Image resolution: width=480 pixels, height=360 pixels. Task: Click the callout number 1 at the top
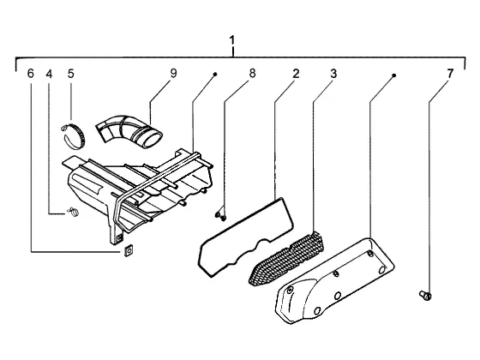tap(232, 40)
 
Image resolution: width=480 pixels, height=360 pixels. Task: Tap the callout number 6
tap(31, 74)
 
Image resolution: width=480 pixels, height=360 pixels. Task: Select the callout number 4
tap(50, 74)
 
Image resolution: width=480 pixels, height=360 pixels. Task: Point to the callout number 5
tap(70, 74)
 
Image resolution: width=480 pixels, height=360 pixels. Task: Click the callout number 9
tap(173, 74)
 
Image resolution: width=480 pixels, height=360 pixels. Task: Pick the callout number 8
tap(252, 74)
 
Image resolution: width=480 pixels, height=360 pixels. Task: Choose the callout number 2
tap(296, 74)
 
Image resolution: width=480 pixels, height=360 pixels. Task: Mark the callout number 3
tap(333, 74)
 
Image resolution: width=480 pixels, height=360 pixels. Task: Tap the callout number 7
tap(450, 74)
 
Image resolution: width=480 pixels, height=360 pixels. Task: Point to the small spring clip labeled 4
tap(73, 211)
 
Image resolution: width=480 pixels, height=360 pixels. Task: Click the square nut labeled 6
tap(128, 250)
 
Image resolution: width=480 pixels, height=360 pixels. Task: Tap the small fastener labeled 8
tap(221, 216)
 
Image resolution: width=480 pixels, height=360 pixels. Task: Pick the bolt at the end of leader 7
tap(425, 295)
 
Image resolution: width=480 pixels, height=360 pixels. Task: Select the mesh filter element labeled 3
tap(286, 259)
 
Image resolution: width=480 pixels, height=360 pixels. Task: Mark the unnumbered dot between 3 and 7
tap(394, 75)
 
